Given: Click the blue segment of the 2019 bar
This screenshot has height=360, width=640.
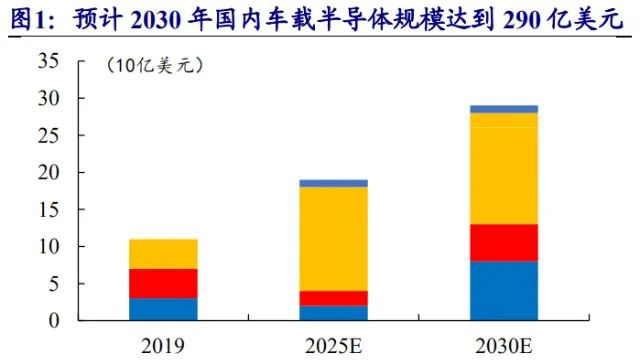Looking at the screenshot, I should [163, 308].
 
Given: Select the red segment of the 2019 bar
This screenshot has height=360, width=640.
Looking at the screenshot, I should [163, 283].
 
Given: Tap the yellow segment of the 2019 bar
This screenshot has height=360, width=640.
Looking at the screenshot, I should [163, 254].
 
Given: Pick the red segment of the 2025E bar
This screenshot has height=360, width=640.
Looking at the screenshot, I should [333, 298].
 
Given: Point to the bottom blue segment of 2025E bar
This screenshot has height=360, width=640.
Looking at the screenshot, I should [333, 312].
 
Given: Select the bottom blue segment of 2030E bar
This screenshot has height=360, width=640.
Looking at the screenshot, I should [503, 290].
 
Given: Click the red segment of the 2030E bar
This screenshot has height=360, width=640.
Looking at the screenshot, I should [503, 242].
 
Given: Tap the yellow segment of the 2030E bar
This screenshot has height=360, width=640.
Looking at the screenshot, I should [503, 168].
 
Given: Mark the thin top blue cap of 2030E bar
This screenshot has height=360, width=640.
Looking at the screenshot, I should [503, 108].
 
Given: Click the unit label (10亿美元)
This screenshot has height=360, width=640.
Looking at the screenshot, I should [154, 66].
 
